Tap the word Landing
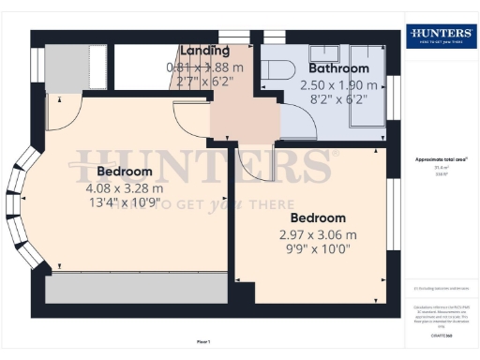click(205, 51)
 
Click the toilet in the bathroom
click(277, 70)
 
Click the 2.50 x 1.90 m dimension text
click(338, 84)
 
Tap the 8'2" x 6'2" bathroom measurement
click(338, 98)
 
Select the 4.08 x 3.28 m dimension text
click(124, 187)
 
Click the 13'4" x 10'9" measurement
click(124, 202)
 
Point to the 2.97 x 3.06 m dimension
click(318, 234)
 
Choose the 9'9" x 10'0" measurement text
click(318, 249)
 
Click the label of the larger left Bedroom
click(124, 172)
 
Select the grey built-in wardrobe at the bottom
click(136, 290)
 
